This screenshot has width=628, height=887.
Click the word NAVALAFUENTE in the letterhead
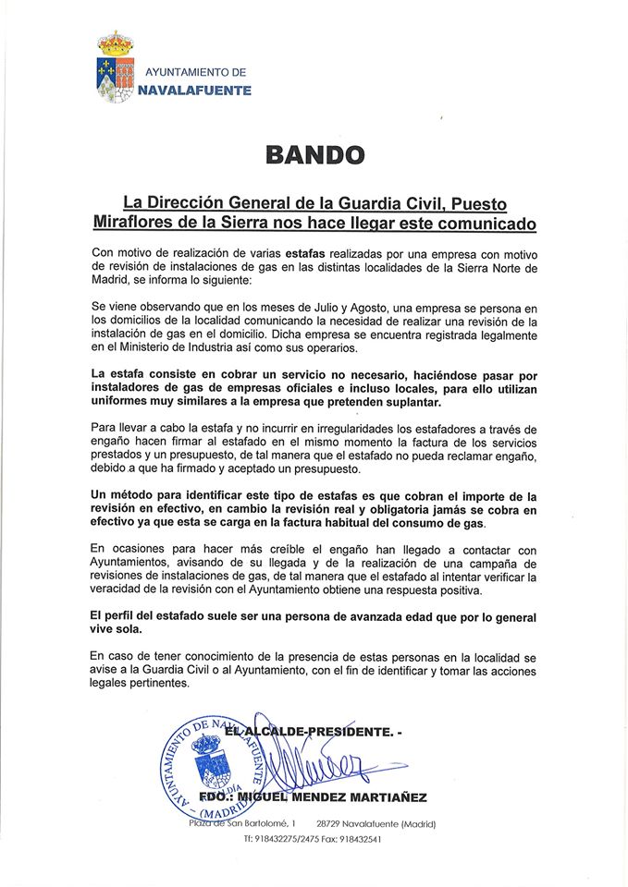point(193,90)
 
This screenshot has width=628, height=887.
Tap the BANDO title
point(314,153)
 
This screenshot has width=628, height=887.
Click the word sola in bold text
point(131,631)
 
